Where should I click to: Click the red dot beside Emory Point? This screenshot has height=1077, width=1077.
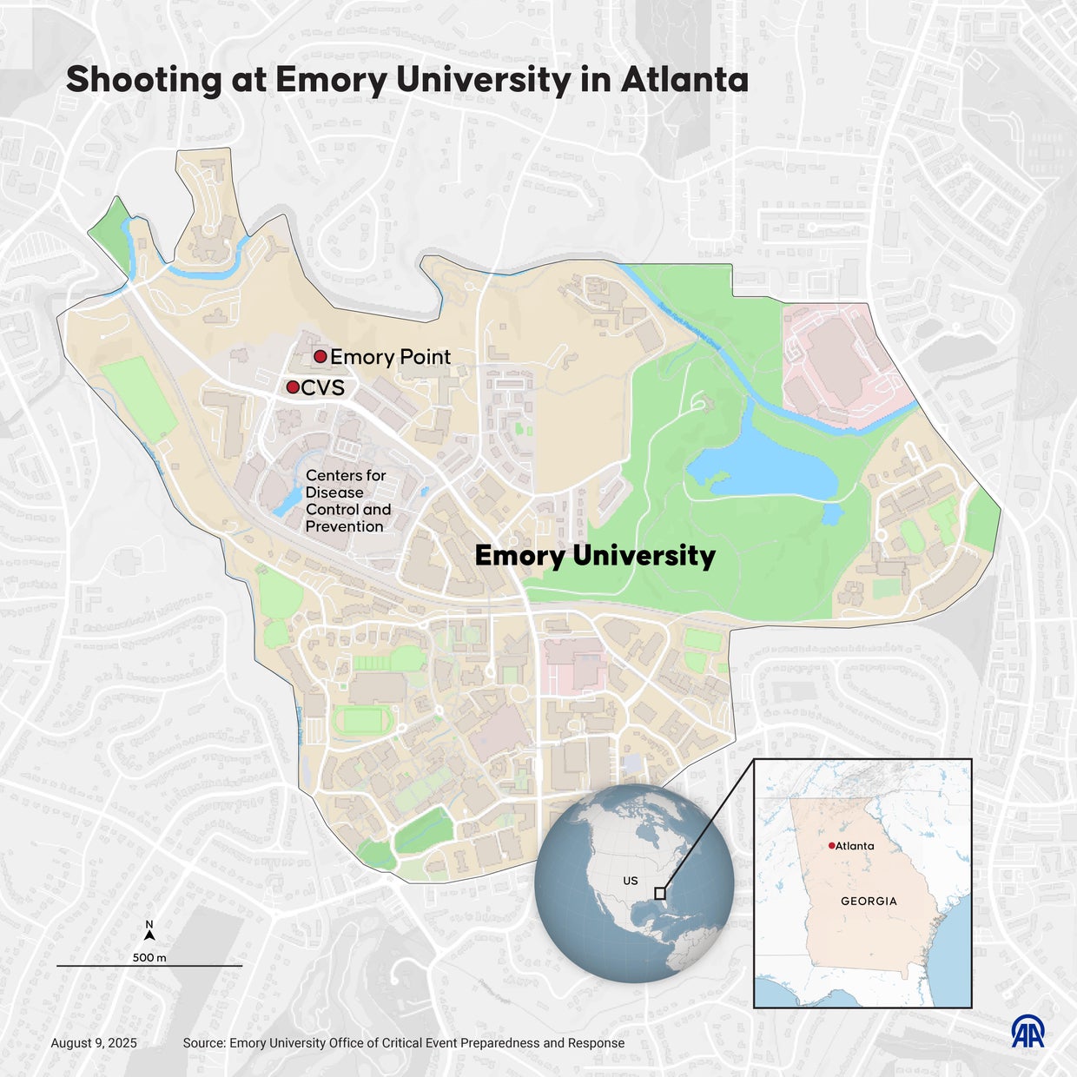click(x=320, y=356)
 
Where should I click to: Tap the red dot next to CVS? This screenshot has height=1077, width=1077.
click(x=293, y=387)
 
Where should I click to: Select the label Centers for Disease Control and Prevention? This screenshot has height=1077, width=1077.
click(x=347, y=500)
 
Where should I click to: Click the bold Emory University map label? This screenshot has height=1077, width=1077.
click(x=595, y=556)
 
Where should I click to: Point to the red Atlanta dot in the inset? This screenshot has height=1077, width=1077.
click(x=831, y=845)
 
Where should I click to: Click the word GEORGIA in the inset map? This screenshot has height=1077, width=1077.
click(x=869, y=901)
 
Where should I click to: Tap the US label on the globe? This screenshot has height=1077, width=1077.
click(x=631, y=881)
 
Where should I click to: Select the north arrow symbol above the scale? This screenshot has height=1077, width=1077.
click(x=149, y=935)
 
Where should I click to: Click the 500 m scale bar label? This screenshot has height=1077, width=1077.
click(x=149, y=957)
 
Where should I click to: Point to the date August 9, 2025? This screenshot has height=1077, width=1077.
click(x=94, y=1043)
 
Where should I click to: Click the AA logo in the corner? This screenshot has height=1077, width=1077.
click(x=1027, y=1031)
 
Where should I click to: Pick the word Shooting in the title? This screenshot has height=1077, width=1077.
click(x=144, y=80)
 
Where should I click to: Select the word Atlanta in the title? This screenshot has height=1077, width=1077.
click(x=684, y=80)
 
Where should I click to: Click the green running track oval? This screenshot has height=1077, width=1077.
click(x=364, y=720)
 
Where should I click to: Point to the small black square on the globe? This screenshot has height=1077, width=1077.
click(x=660, y=893)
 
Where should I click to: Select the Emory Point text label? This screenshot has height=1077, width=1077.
click(x=390, y=357)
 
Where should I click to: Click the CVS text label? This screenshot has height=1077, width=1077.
click(x=323, y=387)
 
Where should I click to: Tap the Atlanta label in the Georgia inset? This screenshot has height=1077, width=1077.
click(x=855, y=846)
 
